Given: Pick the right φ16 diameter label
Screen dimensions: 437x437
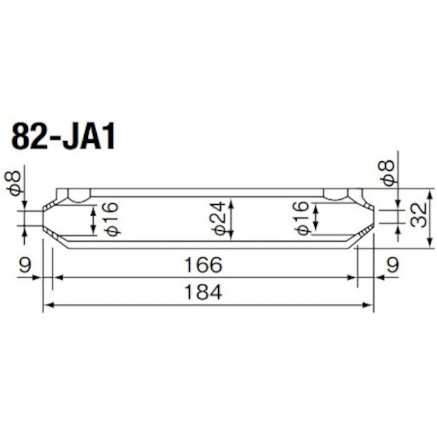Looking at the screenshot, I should pos(302,218).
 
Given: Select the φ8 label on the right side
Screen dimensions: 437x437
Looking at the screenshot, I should pos(388,172).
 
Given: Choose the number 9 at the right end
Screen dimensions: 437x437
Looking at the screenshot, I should pos(393,266).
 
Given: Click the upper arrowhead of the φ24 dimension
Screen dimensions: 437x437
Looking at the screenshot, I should pos(231,204).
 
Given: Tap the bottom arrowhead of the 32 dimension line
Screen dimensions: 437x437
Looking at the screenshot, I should pos(430,243).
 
